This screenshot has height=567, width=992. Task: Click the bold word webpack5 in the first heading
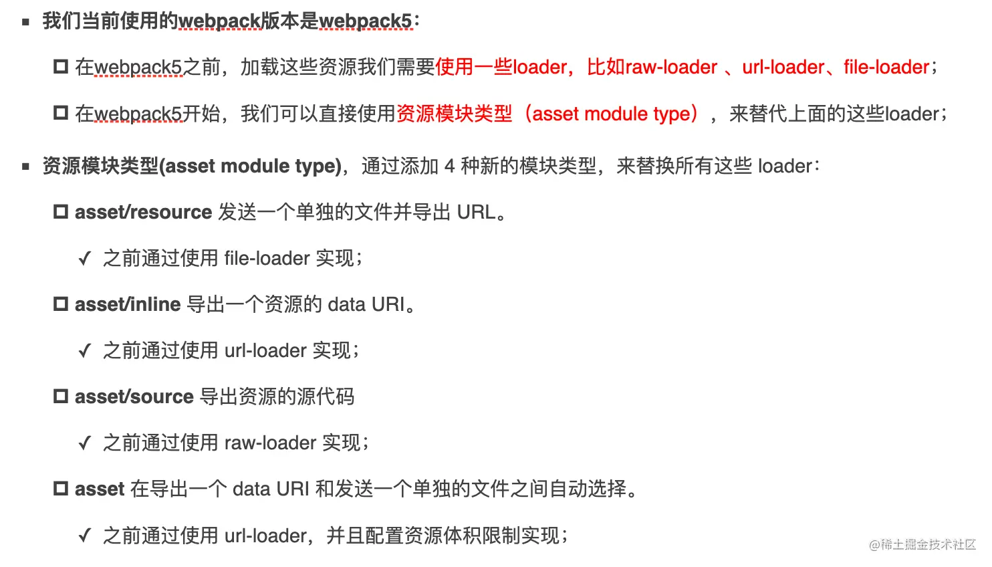pyautogui.click(x=365, y=21)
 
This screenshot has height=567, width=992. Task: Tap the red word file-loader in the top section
pyautogui.click(x=886, y=67)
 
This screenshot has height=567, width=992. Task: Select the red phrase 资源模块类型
pyautogui.click(x=454, y=114)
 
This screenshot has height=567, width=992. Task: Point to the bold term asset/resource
pyautogui.click(x=143, y=212)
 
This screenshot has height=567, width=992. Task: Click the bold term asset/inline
pyautogui.click(x=128, y=304)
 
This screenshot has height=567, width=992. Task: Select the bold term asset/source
pyautogui.click(x=134, y=396)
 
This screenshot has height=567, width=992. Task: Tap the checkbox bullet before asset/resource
pyautogui.click(x=61, y=212)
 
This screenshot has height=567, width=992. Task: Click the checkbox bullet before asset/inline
pyautogui.click(x=61, y=304)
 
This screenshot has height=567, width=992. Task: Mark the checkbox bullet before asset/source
pyautogui.click(x=61, y=396)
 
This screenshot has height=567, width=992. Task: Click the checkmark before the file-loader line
pyautogui.click(x=84, y=259)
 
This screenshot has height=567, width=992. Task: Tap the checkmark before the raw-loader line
pyautogui.click(x=84, y=443)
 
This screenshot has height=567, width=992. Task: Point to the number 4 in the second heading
pyautogui.click(x=449, y=166)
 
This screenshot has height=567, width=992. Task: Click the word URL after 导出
pyautogui.click(x=476, y=212)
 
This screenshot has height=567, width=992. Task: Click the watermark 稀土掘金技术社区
pyautogui.click(x=928, y=545)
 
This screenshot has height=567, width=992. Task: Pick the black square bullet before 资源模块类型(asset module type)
pyautogui.click(x=26, y=166)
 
